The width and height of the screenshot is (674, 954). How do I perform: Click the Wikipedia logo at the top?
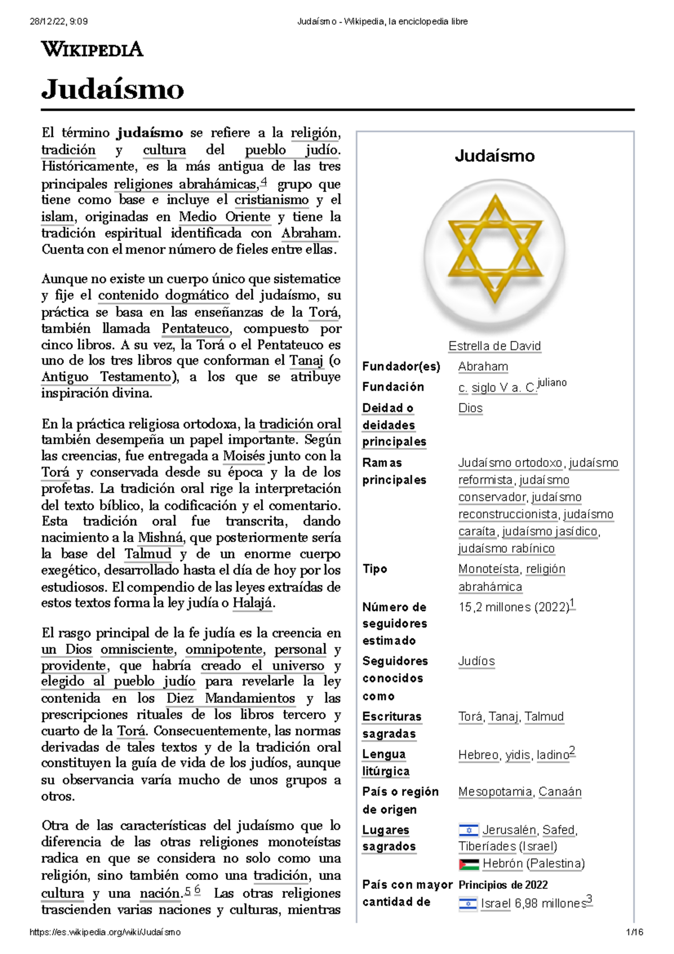92,49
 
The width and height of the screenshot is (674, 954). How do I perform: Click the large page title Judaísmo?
113,89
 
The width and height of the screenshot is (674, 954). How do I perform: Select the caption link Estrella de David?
494,346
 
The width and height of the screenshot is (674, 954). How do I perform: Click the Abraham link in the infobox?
483,366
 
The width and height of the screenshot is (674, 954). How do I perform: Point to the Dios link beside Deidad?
470,408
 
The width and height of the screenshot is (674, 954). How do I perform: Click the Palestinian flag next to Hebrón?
468,864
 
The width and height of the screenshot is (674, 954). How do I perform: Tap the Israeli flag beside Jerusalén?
468,830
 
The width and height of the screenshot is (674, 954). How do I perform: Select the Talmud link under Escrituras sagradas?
544,717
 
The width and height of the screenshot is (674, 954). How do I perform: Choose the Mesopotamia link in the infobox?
495,792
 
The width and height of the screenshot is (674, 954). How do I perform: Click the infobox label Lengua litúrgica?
385,762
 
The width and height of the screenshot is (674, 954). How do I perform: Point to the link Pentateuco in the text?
195,329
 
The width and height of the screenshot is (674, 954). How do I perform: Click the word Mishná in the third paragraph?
161,538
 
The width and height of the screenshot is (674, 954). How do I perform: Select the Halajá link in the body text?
252,603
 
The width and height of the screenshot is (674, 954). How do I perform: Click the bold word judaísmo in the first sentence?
150,133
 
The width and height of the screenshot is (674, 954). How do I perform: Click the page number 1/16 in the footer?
635,932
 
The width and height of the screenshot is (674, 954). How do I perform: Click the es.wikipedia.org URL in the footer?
105,932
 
